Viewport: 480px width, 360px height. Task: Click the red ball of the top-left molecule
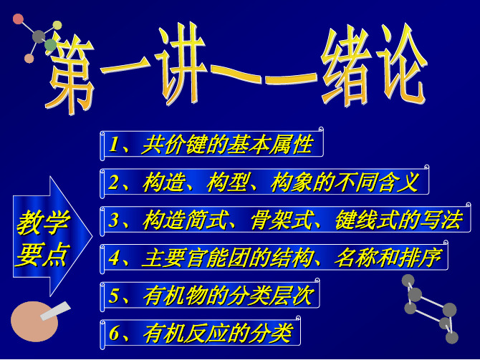(18, 19)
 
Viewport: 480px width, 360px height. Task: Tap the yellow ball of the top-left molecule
(57, 25)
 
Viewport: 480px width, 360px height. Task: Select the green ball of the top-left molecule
(50, 45)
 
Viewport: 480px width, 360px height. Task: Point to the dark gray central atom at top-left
(39, 37)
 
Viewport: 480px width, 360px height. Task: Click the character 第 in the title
(70, 75)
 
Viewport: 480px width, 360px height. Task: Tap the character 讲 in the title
(181, 64)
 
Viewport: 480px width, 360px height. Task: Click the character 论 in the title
(402, 63)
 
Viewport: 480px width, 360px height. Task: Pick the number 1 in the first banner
(113, 144)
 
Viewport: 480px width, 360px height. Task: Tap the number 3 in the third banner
(114, 220)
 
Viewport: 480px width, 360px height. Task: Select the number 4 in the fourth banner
(114, 258)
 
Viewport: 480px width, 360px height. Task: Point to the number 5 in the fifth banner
(114, 296)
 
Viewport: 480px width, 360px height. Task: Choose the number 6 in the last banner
(114, 333)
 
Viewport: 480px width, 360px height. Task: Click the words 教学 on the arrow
(43, 223)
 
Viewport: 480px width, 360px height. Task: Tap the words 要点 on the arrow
(42, 255)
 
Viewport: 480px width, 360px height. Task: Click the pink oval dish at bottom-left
(34, 321)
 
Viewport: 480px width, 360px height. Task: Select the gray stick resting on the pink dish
(55, 311)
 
